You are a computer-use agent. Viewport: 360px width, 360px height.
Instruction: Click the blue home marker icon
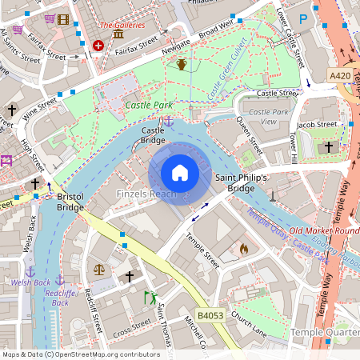point(180,172)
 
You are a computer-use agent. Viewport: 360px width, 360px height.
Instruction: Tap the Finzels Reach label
point(146,194)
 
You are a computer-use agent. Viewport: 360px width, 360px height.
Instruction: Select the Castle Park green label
point(150,105)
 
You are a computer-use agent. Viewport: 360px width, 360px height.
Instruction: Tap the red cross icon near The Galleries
point(98,46)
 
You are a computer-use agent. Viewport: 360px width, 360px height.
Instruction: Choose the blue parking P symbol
point(303,18)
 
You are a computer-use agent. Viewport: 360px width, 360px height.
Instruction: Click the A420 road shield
point(340,74)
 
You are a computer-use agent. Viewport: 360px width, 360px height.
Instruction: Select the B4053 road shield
point(210,315)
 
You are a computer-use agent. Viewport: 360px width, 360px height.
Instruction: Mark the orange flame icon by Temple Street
point(243,249)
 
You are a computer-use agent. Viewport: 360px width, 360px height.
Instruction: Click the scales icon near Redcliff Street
point(99,270)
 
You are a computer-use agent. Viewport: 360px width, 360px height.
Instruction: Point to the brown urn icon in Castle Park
point(182,64)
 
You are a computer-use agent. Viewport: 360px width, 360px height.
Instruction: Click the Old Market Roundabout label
point(324,231)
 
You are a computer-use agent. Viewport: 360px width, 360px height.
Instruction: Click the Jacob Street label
point(317,124)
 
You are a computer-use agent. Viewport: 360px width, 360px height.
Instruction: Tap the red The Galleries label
point(122,25)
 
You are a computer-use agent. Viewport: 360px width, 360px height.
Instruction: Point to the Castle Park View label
point(269,116)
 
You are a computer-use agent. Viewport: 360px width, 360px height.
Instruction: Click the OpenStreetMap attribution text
point(80,354)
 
